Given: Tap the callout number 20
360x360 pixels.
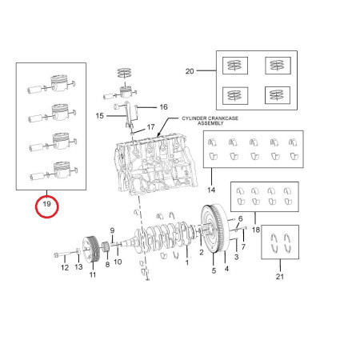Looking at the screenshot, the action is coord(190,71).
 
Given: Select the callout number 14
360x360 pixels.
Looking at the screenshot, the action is coord(211,190).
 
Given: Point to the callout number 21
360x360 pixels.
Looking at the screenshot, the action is coord(280,277).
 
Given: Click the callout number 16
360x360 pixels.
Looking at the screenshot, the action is coord(163,107).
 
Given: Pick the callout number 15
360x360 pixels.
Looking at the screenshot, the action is coord(99,116).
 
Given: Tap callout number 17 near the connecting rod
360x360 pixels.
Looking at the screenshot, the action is coord(150,127).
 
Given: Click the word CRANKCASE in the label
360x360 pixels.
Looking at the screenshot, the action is coord(222,118).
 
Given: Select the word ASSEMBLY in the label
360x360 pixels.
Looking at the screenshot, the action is coord(210,123).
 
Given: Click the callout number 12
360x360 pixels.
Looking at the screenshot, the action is coord(65,267).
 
